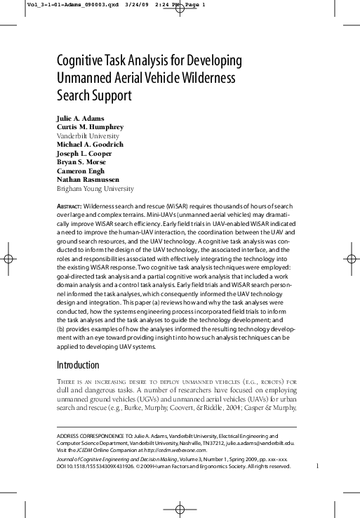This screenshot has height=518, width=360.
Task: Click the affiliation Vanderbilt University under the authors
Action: coord(88,135)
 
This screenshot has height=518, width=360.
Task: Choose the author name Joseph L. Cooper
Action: coord(84,153)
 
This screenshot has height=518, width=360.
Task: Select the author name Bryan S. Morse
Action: coord(81,161)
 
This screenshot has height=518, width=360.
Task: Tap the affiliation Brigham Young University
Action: coord(95,188)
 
